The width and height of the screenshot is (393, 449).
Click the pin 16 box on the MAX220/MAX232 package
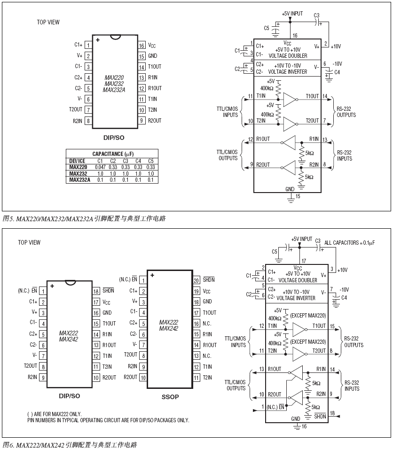click(x=141, y=46)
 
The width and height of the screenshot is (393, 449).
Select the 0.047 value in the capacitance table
click(x=100, y=167)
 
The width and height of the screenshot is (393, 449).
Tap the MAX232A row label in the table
click(x=79, y=180)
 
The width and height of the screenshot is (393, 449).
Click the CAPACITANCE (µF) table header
click(x=112, y=154)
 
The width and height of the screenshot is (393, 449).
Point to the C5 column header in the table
click(x=151, y=161)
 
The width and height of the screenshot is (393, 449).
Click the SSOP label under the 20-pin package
click(x=170, y=397)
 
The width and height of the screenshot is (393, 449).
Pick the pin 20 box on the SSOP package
click(x=196, y=280)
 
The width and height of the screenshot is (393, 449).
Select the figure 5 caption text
click(x=84, y=218)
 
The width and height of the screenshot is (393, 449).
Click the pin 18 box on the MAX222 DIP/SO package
click(x=96, y=291)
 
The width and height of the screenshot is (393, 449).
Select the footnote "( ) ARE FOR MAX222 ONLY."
click(x=54, y=414)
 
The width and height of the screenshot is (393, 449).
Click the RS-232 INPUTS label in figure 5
click(x=344, y=155)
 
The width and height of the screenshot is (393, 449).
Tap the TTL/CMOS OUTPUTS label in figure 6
click(x=236, y=385)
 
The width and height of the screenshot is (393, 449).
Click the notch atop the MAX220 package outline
click(x=115, y=37)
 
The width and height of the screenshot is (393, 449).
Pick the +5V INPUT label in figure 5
click(x=292, y=13)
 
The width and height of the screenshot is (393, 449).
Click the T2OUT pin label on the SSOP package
click(x=130, y=355)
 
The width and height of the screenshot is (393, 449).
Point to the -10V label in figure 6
click(x=344, y=289)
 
